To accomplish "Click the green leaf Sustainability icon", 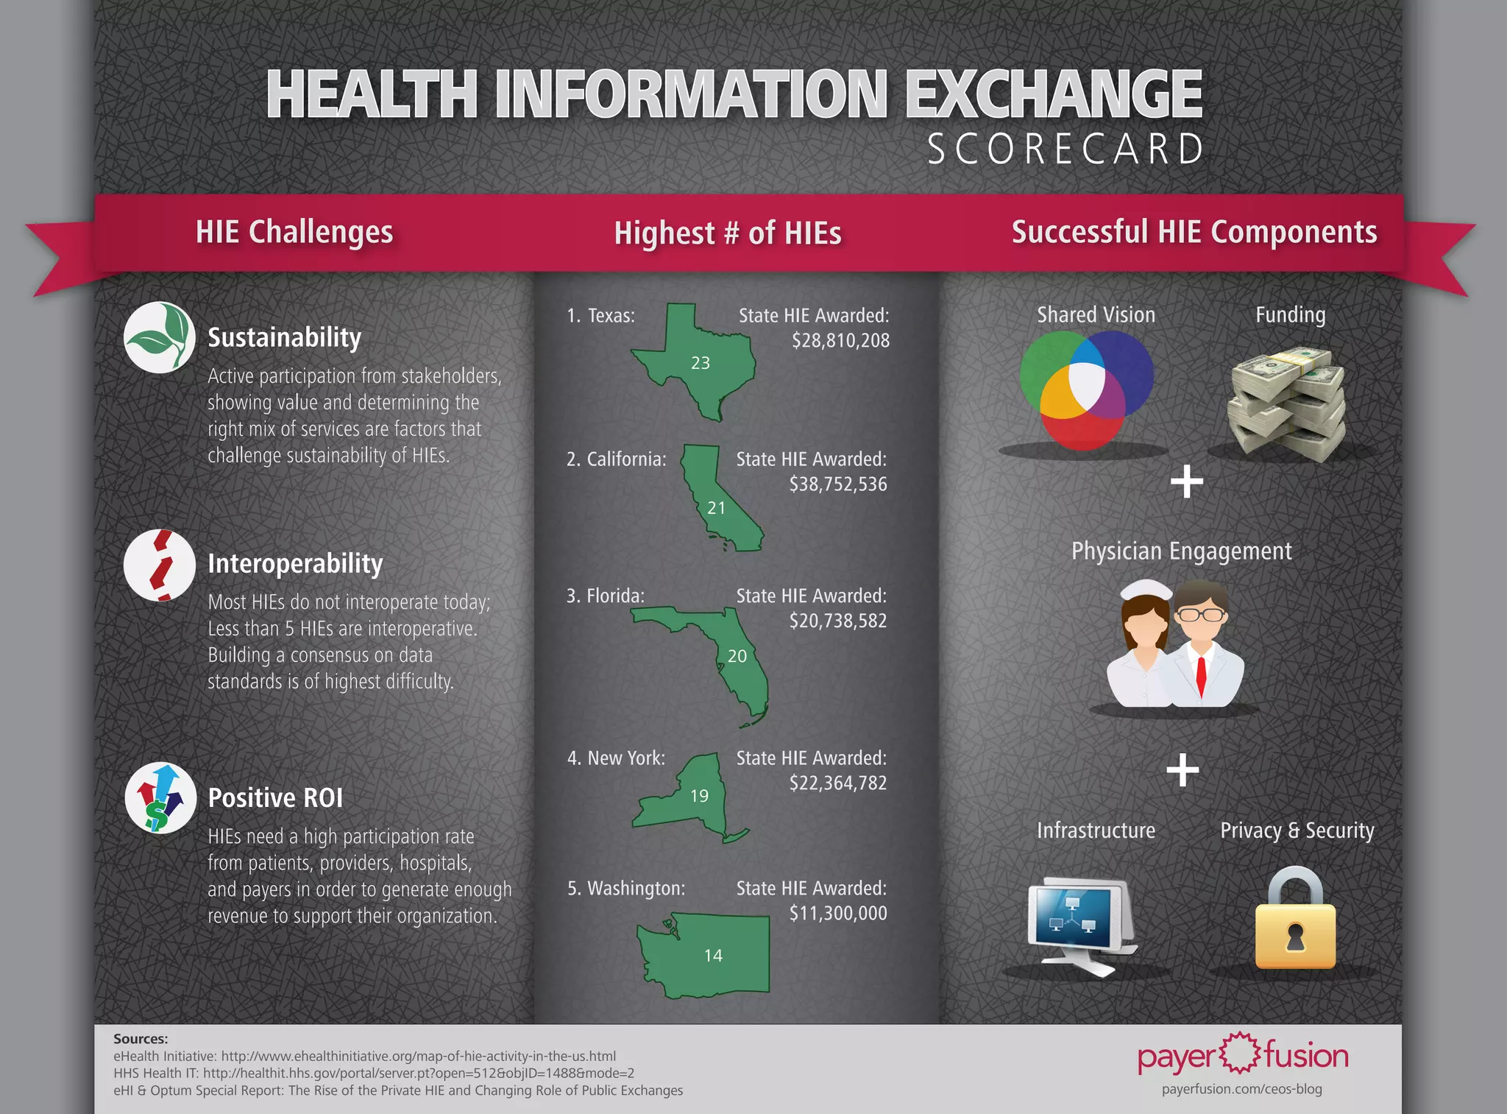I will coord(160,337).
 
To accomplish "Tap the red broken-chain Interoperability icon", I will coord(160,565).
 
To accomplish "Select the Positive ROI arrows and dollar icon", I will coord(160,797).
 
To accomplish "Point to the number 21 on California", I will coord(716,508).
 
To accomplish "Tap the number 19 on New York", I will coord(699,796).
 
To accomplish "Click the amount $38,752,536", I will coord(838,484).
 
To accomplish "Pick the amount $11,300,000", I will coord(838,913).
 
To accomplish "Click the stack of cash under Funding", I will coord(1288,405).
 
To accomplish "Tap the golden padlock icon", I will coord(1295,924).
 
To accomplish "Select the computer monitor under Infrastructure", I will coord(1078,920).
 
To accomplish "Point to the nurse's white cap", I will coord(1146,590).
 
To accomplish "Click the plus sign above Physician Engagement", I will coord(1186,482).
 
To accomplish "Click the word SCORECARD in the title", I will coord(1065,149).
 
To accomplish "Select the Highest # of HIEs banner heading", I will coord(727,233).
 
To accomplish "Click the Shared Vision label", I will coord(1096,315).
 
